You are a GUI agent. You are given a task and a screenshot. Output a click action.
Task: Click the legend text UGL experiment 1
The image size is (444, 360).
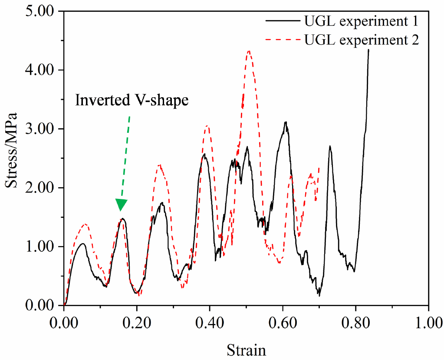362,20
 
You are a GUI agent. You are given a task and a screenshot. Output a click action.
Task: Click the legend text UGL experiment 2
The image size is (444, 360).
362,40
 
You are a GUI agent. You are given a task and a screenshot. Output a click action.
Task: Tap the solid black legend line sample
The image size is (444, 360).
283,20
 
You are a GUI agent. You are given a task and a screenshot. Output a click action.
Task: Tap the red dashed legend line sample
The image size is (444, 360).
283,40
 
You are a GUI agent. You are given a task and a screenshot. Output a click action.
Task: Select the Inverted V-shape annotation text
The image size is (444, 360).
132,100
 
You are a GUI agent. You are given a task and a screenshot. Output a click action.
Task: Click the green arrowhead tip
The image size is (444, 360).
121,211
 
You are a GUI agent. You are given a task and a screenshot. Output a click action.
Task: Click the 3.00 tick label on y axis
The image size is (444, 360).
39,129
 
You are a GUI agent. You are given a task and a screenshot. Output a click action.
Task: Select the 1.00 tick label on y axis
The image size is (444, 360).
39,247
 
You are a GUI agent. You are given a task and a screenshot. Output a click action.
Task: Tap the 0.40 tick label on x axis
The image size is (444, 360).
210,324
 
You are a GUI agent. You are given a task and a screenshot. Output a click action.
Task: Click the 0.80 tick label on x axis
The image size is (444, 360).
355,324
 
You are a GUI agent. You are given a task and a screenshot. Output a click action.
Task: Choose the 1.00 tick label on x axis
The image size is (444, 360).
428,324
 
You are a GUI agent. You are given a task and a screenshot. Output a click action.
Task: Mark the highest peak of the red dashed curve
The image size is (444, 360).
249,51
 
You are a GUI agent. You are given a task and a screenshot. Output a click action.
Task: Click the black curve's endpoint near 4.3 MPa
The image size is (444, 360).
368,50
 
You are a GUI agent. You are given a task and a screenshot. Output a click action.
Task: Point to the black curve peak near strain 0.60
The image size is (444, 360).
285,122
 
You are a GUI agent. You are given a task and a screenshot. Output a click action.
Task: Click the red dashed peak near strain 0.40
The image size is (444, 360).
207,126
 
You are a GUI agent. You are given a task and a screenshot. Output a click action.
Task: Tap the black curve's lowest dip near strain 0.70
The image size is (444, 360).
319,295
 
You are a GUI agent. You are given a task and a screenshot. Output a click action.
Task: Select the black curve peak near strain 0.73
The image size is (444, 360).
330,146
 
